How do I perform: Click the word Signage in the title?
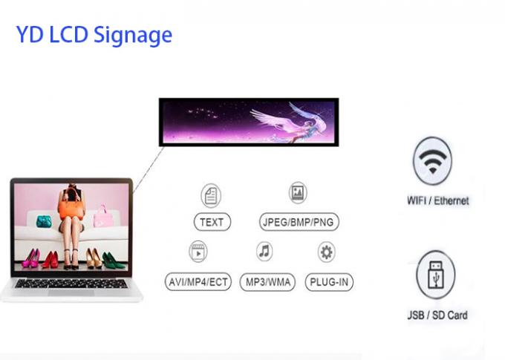[x=133, y=36]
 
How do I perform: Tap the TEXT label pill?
[x=212, y=222]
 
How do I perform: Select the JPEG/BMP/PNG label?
[x=299, y=222]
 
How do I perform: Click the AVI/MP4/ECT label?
[x=198, y=282]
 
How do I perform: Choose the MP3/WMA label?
[x=267, y=282]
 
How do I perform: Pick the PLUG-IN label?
[x=329, y=282]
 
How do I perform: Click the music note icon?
[x=264, y=251]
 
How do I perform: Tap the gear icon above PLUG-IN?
[x=327, y=252]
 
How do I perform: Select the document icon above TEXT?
[x=211, y=195]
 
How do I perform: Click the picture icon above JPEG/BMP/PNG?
[x=298, y=192]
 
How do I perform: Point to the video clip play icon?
[x=198, y=252]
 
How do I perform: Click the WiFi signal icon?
[x=432, y=160]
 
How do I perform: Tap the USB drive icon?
[x=436, y=275]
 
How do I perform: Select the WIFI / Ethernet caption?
[x=438, y=200]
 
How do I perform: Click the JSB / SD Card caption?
[x=437, y=315]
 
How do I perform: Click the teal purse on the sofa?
[x=44, y=221]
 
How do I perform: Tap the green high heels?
[x=113, y=261]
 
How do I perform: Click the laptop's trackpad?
[x=71, y=292]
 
